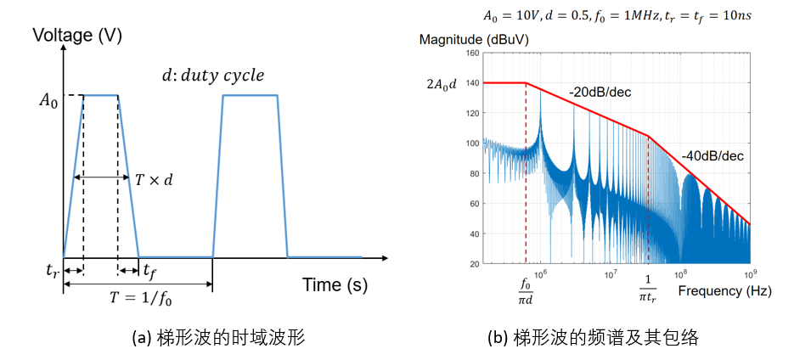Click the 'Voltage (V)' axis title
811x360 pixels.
(x=77, y=36)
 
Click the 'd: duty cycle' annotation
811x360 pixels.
(x=213, y=75)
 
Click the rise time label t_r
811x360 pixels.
(x=52, y=273)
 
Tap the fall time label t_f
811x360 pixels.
(x=149, y=271)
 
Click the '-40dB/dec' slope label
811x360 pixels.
(x=712, y=155)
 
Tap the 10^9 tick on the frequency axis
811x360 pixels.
(x=750, y=273)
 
